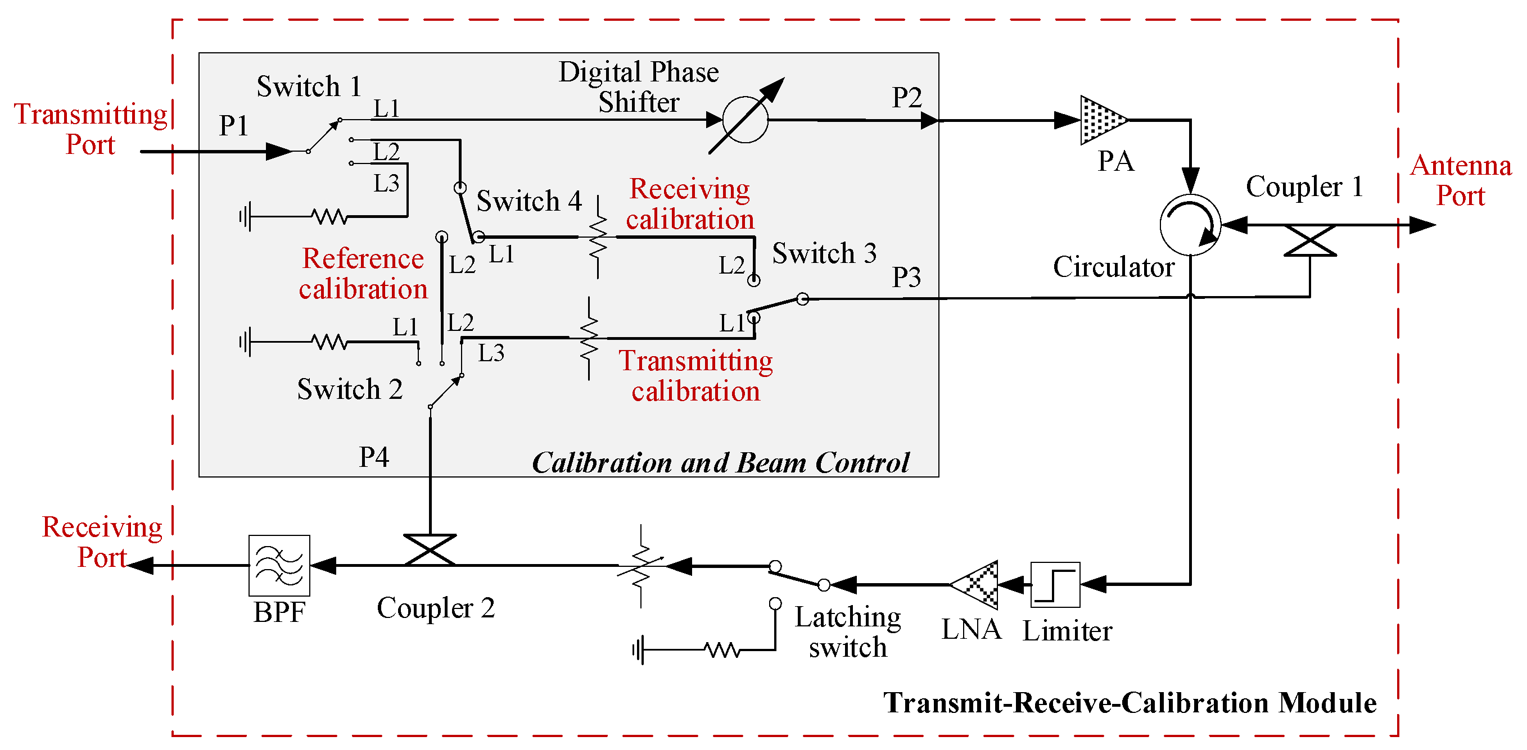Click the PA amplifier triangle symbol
1101,120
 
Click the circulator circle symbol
1190,225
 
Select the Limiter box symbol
1055,584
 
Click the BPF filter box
279,565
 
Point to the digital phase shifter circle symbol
745,120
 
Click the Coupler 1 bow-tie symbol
1309,240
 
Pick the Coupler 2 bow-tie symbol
430,550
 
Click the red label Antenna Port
1460,180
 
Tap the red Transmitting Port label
90,129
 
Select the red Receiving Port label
102,542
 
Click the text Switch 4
528,201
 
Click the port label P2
906,97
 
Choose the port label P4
374,457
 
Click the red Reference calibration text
363,274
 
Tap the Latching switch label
848,631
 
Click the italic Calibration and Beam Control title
720,462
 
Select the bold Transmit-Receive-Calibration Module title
1130,703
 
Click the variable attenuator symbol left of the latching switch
641,566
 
